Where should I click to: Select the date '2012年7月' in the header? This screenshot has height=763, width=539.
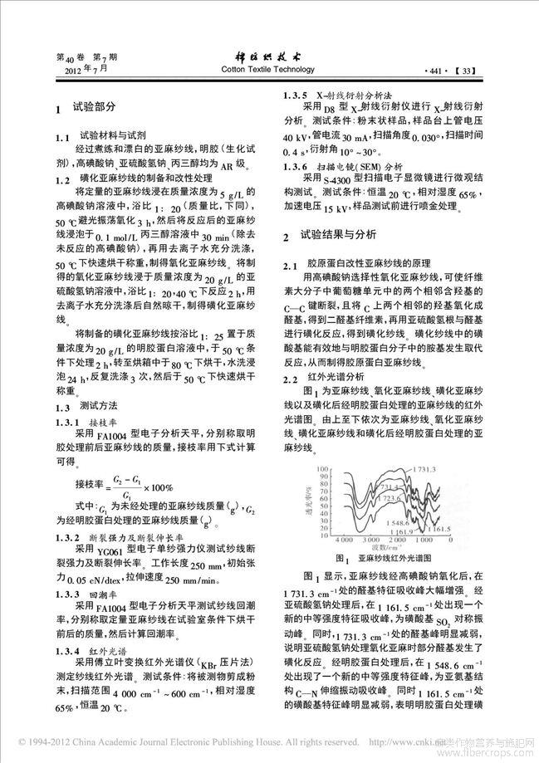[78, 71]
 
